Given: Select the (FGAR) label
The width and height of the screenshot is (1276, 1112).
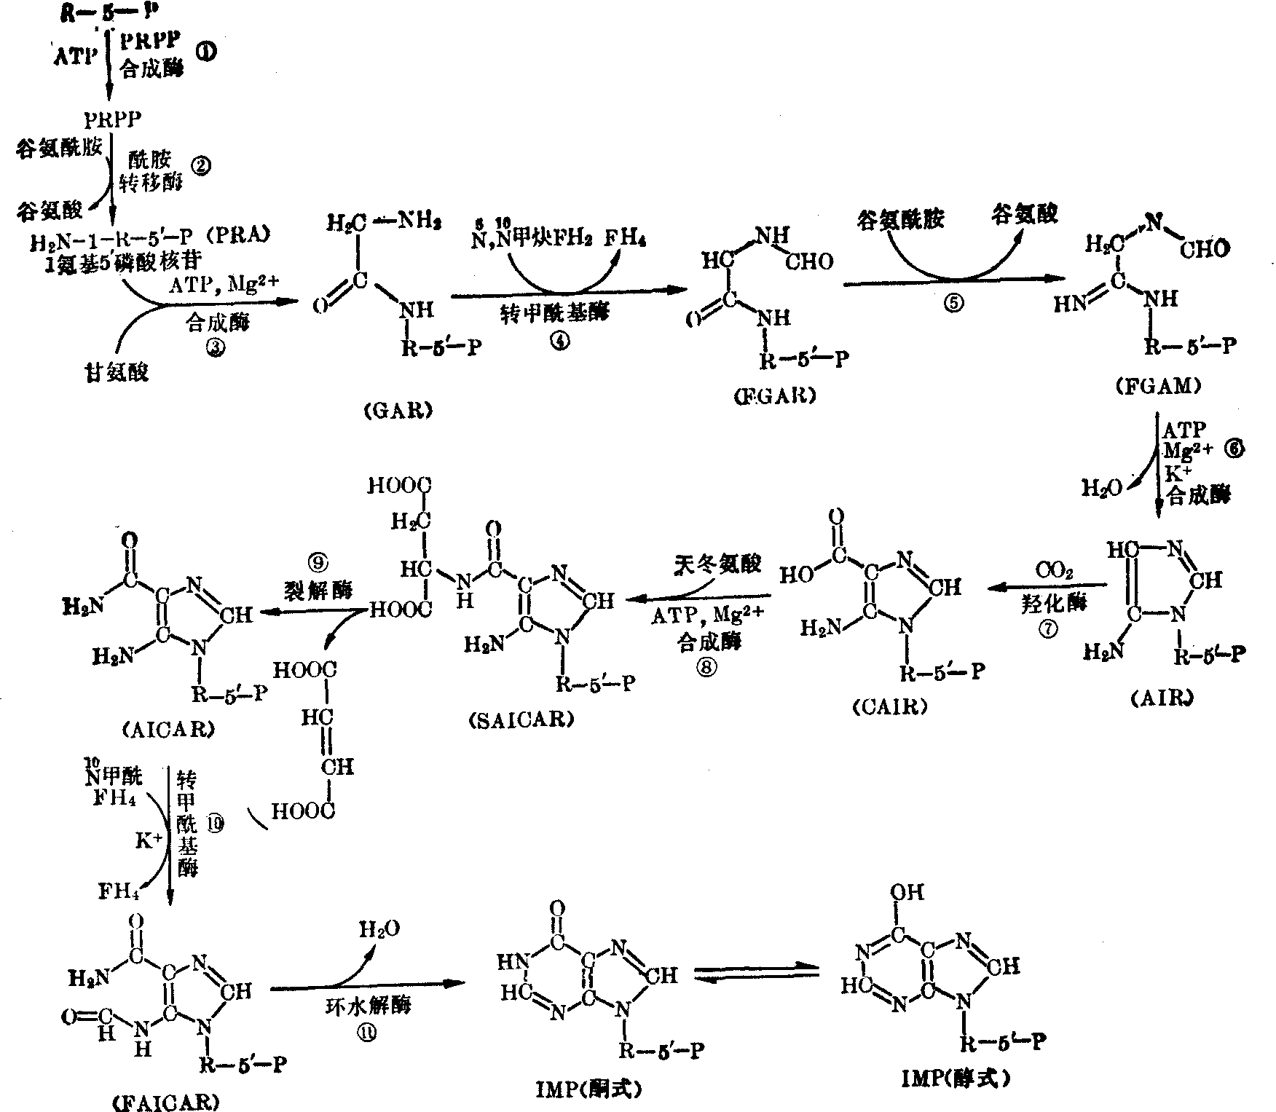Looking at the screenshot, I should pyautogui.click(x=775, y=395).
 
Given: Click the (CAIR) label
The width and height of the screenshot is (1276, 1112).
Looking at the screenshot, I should pyautogui.click(x=889, y=708).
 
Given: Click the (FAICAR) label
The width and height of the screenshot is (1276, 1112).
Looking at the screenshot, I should pyautogui.click(x=167, y=1103).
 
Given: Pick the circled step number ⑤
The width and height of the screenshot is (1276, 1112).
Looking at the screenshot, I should pyautogui.click(x=953, y=304).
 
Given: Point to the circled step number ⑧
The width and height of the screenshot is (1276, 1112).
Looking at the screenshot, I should pyautogui.click(x=706, y=666).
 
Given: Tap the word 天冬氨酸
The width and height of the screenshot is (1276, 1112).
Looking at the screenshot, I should pyautogui.click(x=717, y=564).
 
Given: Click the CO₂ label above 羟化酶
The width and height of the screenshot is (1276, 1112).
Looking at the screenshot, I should pyautogui.click(x=1055, y=572).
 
